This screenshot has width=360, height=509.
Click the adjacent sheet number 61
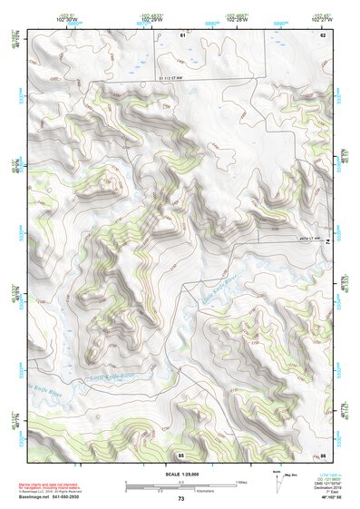181,34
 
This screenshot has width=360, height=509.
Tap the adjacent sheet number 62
322,34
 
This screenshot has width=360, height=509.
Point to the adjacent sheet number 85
181,454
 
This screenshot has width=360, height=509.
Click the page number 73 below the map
181,499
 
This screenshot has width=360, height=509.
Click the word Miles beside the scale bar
242,481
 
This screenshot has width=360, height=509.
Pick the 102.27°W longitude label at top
322,18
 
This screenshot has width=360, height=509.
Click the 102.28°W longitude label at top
238,18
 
